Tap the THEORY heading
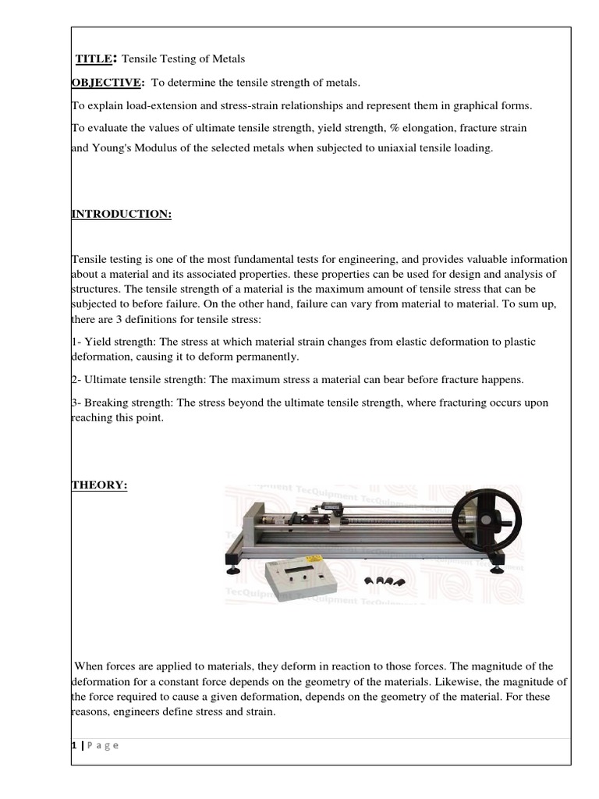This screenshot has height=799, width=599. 99,485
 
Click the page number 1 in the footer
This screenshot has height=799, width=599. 73,745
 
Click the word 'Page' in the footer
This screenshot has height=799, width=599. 101,745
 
